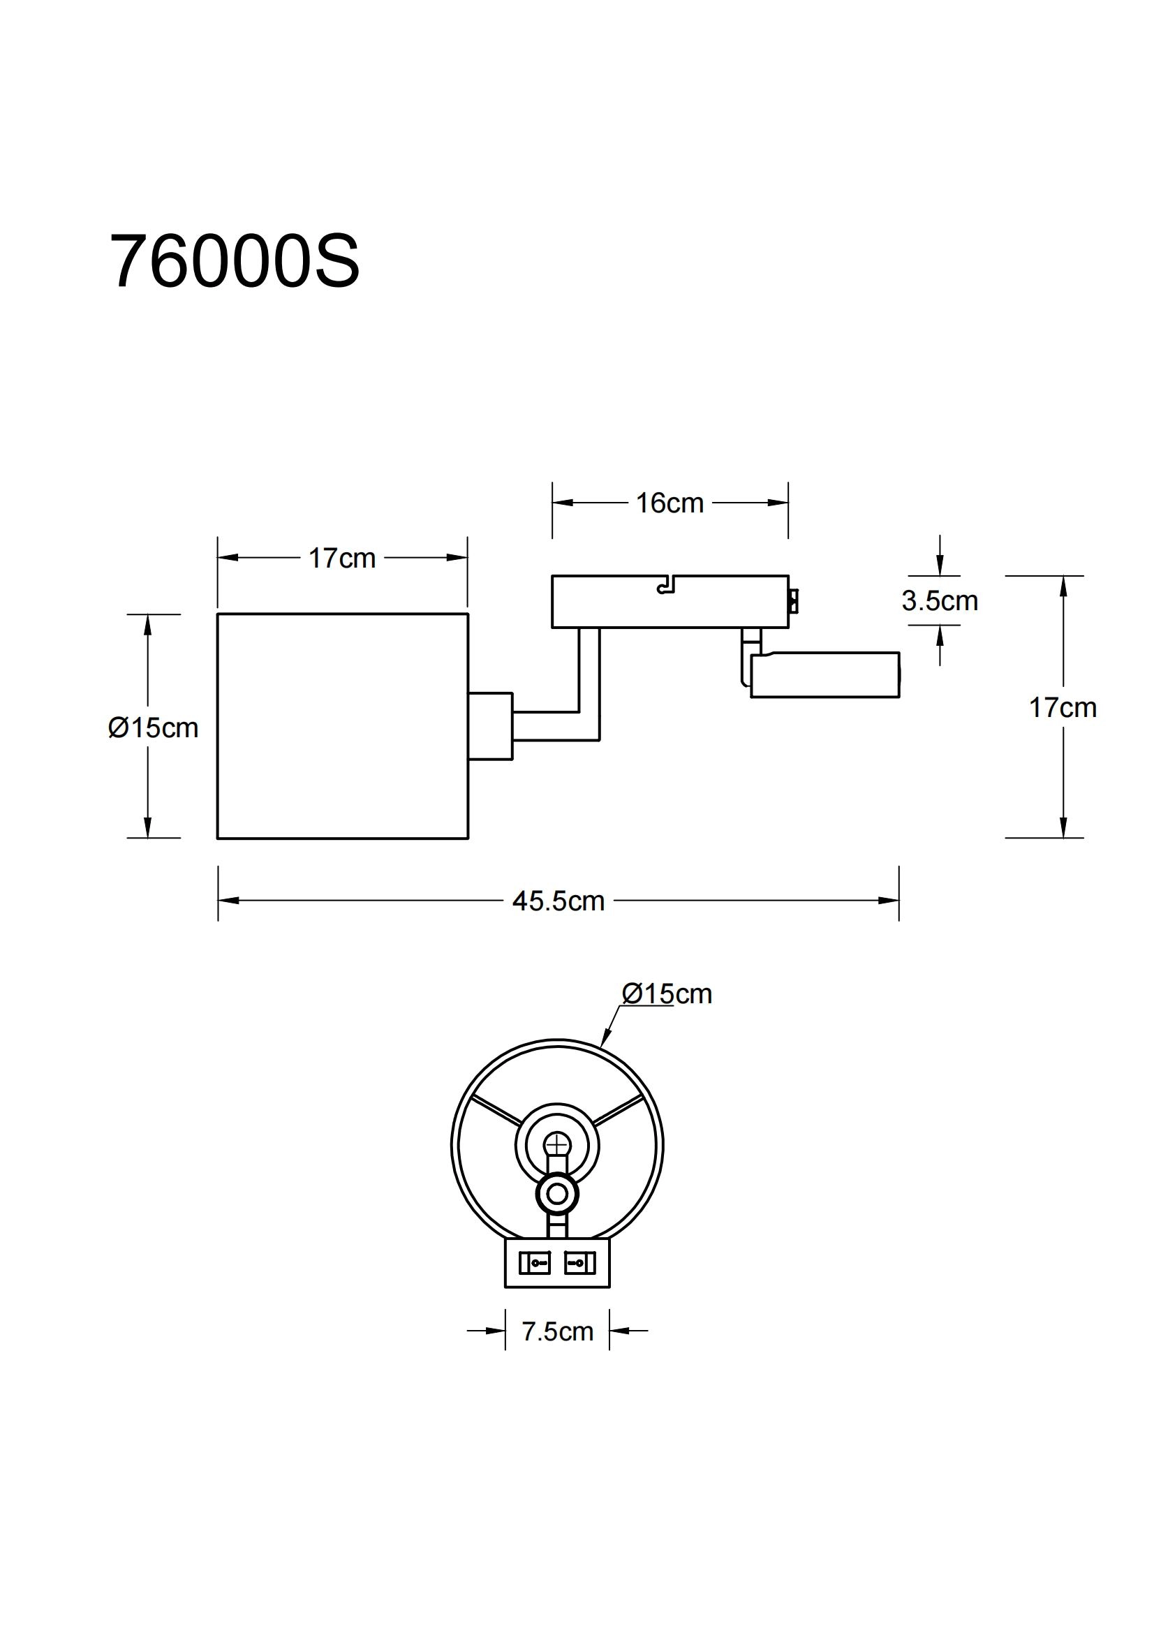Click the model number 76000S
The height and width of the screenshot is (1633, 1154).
(x=235, y=262)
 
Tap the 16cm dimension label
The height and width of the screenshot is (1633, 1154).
(x=669, y=503)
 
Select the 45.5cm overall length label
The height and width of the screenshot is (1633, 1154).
(x=558, y=901)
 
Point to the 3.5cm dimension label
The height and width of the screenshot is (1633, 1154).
(x=939, y=601)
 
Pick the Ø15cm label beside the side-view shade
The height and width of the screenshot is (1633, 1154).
(x=153, y=727)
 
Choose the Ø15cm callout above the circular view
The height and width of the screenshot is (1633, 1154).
(x=666, y=993)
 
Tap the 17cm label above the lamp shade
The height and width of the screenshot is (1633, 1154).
(x=341, y=559)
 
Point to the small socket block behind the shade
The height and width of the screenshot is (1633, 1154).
(x=491, y=725)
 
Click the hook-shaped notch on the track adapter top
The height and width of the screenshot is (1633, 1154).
(x=665, y=586)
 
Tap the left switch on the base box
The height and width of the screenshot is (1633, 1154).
(x=535, y=1263)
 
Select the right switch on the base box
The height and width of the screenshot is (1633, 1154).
(x=579, y=1263)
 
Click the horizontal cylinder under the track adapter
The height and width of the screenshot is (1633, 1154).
(x=824, y=674)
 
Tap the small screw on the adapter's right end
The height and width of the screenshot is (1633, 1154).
(x=794, y=601)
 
